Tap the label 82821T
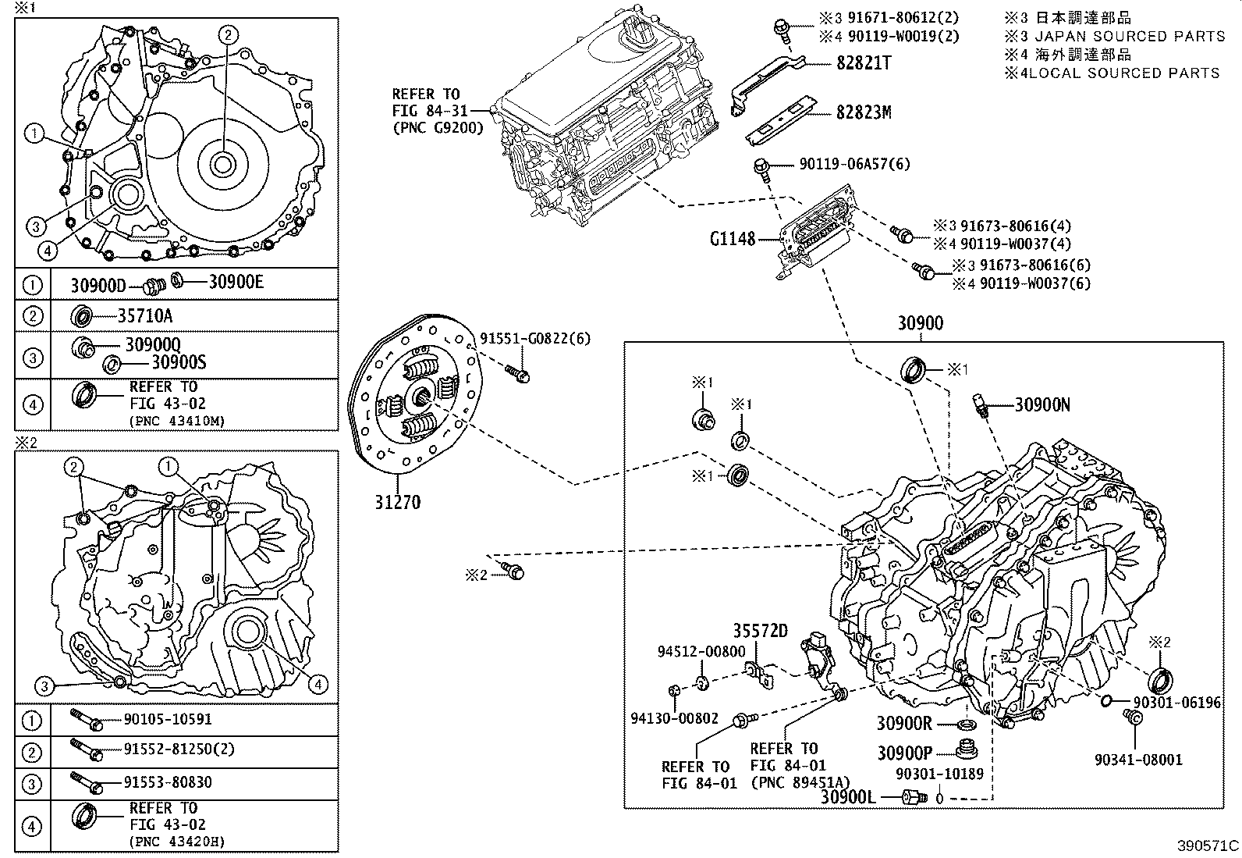click(x=863, y=62)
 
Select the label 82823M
click(x=863, y=113)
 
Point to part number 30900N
click(x=1042, y=404)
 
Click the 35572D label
click(x=760, y=631)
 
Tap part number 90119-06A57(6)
click(x=854, y=164)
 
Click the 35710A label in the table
click(x=145, y=315)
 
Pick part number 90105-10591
click(x=168, y=719)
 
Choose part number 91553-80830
click(x=168, y=782)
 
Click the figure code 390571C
click(x=1208, y=846)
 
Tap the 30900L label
click(x=848, y=797)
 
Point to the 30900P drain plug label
click(x=904, y=753)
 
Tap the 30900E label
click(x=236, y=282)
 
